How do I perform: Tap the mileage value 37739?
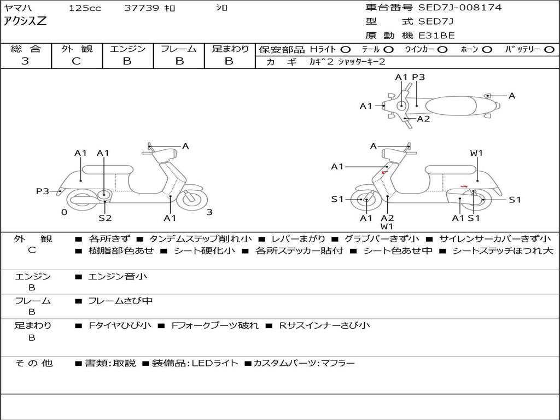[142, 8]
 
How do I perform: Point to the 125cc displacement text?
[85, 8]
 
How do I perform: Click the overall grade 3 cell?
[25, 61]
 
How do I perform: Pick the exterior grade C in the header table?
[76, 61]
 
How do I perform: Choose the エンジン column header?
[127, 49]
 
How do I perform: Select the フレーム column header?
[178, 49]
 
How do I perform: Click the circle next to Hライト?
[346, 49]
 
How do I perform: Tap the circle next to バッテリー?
[549, 49]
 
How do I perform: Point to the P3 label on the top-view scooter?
[418, 77]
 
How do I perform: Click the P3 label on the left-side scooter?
[43, 191]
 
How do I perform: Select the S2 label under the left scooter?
[105, 218]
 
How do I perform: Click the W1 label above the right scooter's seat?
[476, 153]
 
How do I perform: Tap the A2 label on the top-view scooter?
[423, 119]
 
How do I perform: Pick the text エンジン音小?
[118, 277]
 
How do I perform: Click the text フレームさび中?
[120, 301]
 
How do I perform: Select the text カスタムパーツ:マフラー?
[304, 363]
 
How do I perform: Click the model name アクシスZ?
[26, 22]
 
